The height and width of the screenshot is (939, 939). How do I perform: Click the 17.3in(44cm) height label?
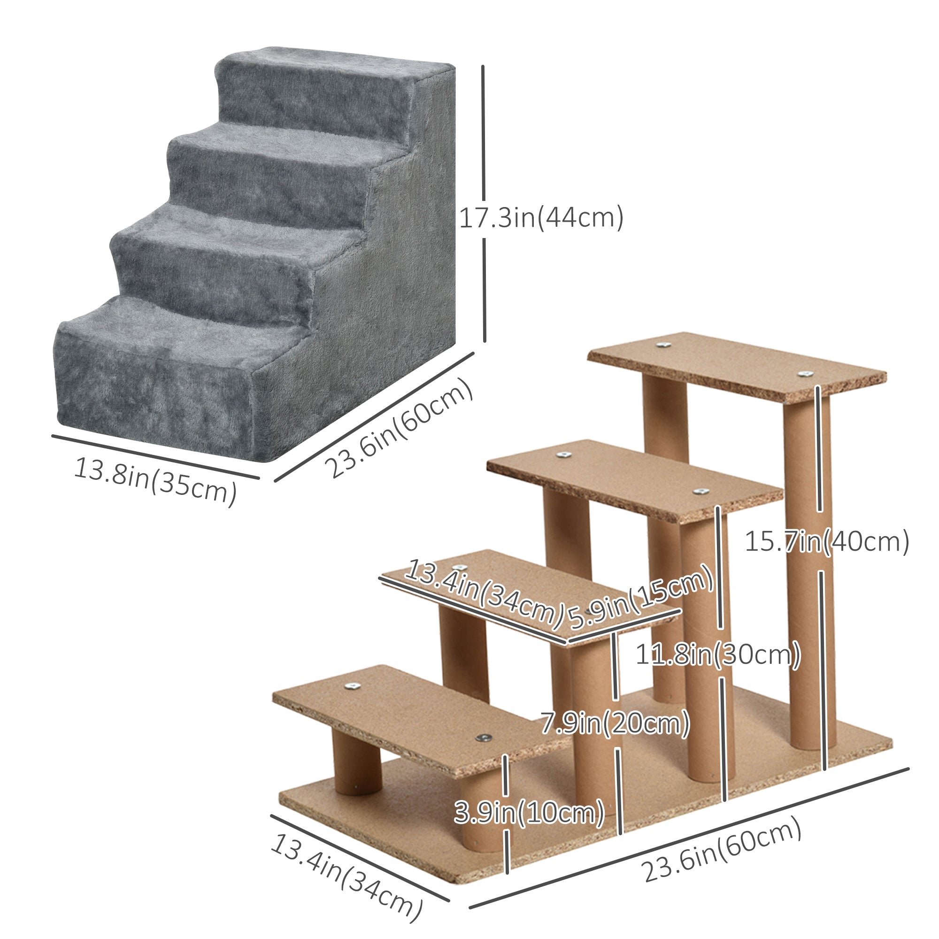point(541,218)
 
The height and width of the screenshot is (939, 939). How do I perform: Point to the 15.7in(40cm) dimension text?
point(827,541)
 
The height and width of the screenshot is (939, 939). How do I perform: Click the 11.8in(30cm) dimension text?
point(718,655)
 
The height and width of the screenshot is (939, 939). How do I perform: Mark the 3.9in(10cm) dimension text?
point(529,812)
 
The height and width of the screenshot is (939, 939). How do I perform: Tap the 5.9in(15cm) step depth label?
point(640,599)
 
